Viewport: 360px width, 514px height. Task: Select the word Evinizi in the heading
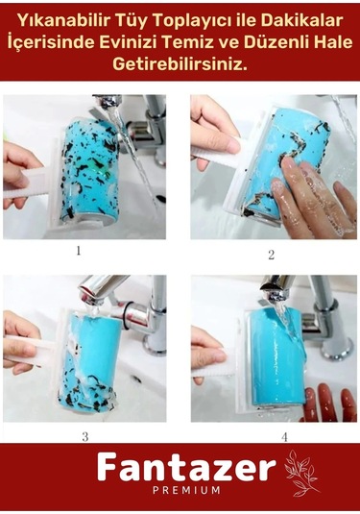[123, 43]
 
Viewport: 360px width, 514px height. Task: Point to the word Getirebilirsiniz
[180, 64]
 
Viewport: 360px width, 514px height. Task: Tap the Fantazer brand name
[186, 467]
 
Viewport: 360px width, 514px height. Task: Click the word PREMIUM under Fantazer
[186, 490]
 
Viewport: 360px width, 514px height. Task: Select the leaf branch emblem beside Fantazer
[300, 473]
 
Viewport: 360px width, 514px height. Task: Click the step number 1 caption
[79, 251]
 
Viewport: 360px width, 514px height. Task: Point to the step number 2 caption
[272, 255]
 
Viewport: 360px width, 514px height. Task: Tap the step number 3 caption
[85, 436]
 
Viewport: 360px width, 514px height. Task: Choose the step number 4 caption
[284, 436]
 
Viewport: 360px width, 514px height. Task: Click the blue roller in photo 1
[88, 169]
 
